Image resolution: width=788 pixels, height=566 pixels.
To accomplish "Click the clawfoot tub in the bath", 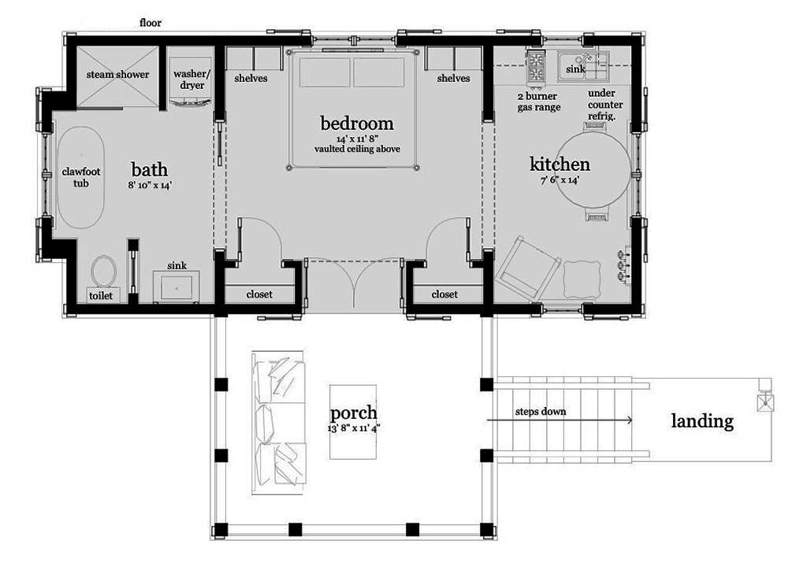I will click(x=77, y=176).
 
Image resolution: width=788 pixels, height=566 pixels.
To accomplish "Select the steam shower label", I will click(x=117, y=75).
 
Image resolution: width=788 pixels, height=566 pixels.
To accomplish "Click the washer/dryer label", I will click(x=188, y=80).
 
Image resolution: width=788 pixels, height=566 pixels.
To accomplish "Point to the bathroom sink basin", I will click(x=177, y=287).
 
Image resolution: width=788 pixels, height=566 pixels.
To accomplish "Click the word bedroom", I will click(x=356, y=124).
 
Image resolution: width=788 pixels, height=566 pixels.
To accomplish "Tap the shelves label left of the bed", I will click(x=251, y=79).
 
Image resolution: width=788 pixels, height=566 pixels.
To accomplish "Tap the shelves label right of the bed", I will click(x=453, y=79).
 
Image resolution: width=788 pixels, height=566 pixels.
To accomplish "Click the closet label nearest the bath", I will click(x=259, y=294).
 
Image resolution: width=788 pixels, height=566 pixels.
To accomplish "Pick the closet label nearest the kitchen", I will click(x=444, y=294).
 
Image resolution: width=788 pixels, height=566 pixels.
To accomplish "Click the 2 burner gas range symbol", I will click(x=536, y=68).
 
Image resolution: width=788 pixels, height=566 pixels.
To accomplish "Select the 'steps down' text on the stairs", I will click(x=541, y=412).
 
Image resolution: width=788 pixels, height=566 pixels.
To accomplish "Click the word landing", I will click(x=701, y=421).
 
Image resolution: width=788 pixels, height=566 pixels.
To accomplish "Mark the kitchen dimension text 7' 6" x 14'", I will click(x=559, y=179).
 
